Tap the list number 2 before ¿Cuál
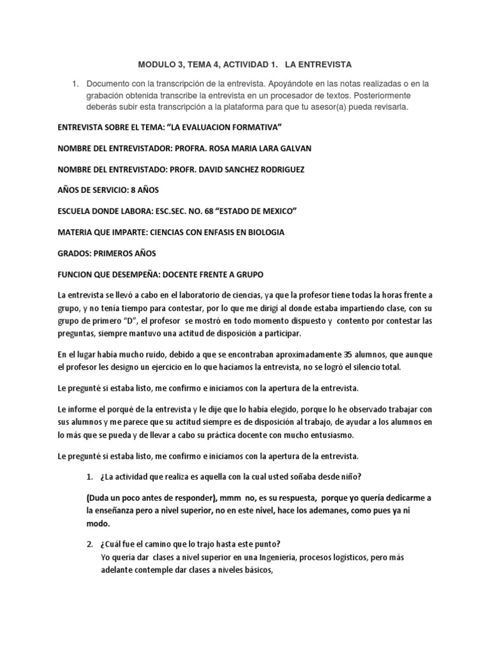click(x=89, y=544)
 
